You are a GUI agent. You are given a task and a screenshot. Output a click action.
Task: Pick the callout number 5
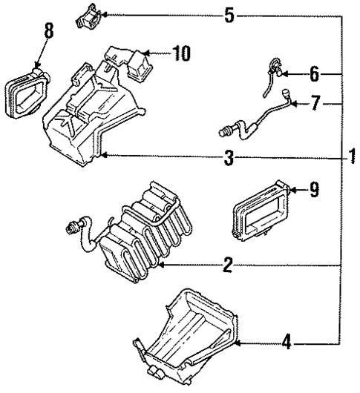[x=230, y=14]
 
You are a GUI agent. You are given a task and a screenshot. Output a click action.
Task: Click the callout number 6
[x=313, y=73]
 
